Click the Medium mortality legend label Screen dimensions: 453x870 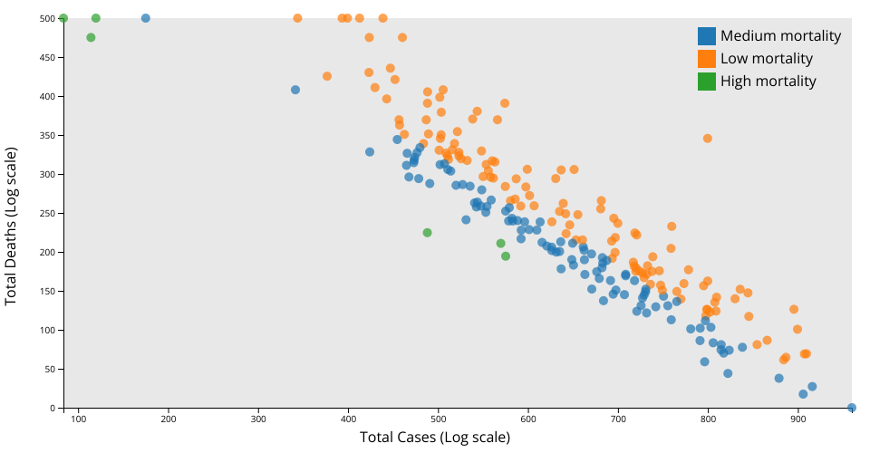point(780,36)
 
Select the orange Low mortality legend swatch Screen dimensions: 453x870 point(707,59)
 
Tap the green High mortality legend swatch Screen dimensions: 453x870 point(707,82)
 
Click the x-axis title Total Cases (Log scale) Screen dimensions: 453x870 point(435,438)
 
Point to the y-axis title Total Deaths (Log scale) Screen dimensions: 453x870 point(12,226)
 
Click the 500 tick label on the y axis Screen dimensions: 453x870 point(48,18)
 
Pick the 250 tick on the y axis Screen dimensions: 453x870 point(48,213)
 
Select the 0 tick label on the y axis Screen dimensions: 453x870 point(53,408)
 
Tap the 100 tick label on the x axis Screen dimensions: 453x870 point(79,420)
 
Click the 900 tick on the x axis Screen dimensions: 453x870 point(797,420)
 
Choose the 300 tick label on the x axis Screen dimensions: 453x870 point(258,420)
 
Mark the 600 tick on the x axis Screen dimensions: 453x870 point(528,420)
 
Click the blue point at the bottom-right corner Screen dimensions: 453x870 point(851,408)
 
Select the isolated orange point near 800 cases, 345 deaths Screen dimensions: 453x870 point(708,139)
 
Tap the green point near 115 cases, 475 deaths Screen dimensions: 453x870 point(91,37)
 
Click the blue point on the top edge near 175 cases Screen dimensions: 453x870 point(146,18)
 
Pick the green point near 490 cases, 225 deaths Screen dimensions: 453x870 point(427,233)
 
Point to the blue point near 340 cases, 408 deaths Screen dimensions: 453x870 point(295,90)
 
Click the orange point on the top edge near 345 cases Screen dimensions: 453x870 point(297,18)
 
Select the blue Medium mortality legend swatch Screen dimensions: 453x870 point(707,36)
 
